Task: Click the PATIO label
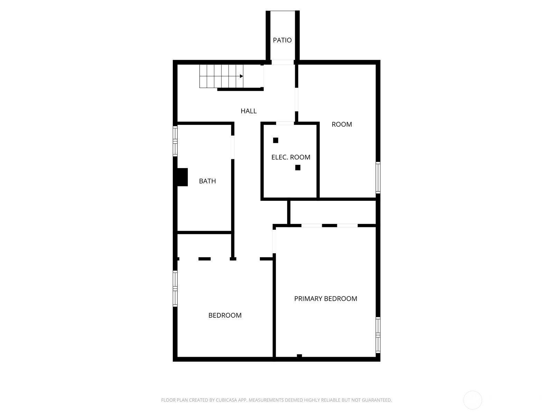282,40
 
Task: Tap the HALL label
249,111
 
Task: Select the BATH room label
207,181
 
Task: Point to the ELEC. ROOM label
291,157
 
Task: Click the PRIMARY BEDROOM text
326,299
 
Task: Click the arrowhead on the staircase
241,76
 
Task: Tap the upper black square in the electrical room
275,140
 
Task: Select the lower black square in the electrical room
298,167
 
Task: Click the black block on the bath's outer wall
182,177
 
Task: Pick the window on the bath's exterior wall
175,141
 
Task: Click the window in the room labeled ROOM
378,178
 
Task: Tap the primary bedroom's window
378,335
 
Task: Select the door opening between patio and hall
282,62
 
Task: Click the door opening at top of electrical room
285,124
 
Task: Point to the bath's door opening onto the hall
233,147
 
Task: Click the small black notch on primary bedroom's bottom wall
299,356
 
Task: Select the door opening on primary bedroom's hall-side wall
274,241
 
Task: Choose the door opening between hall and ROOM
297,99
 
